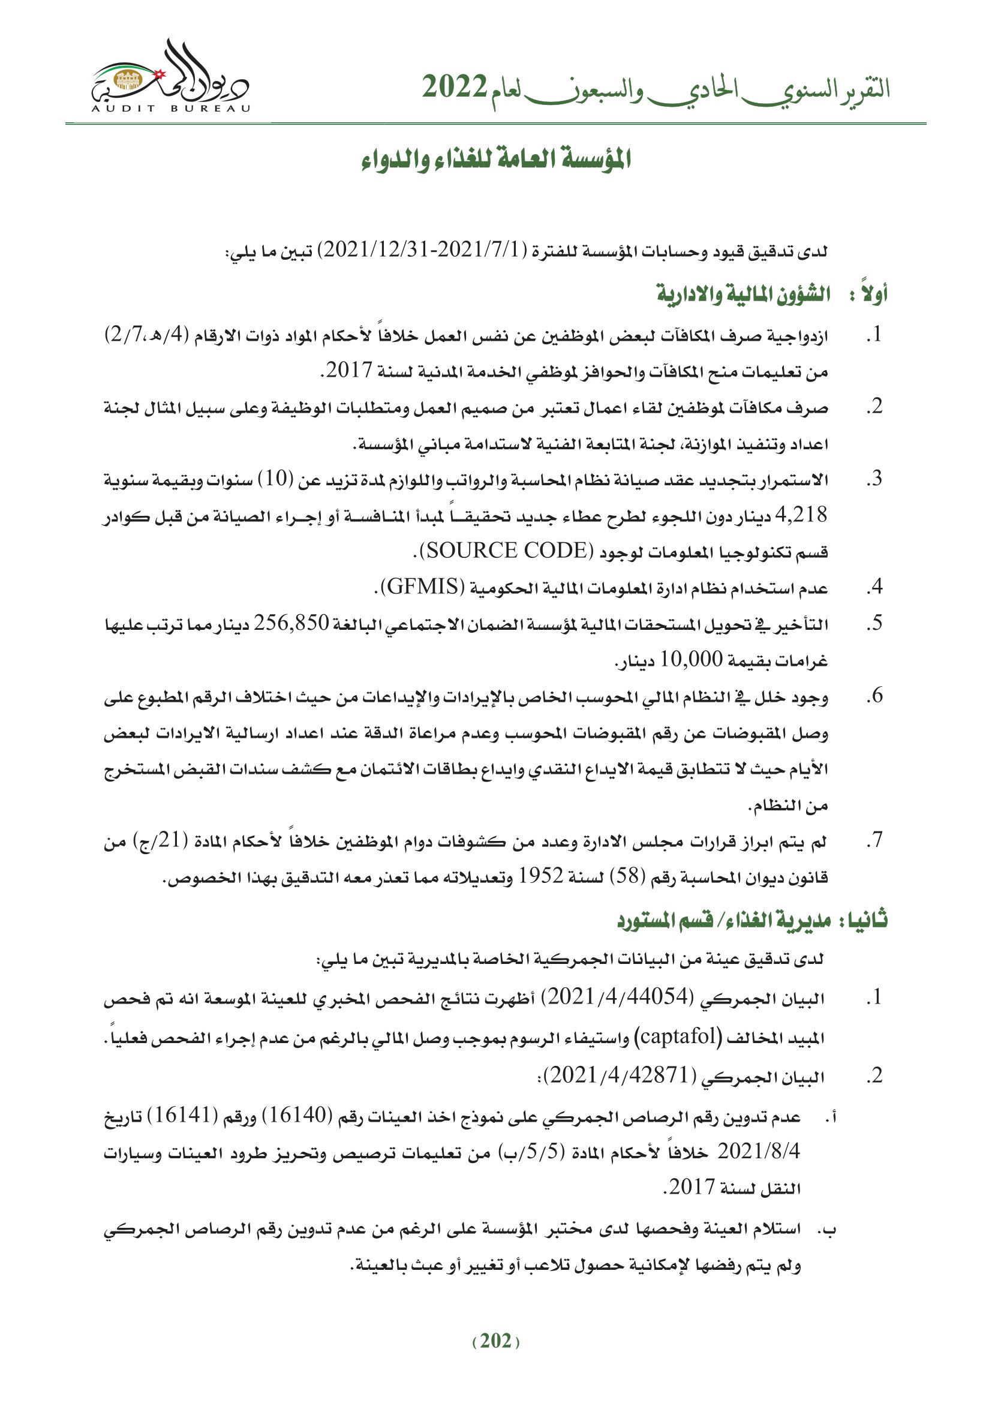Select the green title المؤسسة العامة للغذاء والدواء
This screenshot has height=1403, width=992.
tap(496, 160)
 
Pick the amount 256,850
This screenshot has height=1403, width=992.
tap(291, 623)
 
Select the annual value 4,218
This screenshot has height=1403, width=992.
tap(801, 515)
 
